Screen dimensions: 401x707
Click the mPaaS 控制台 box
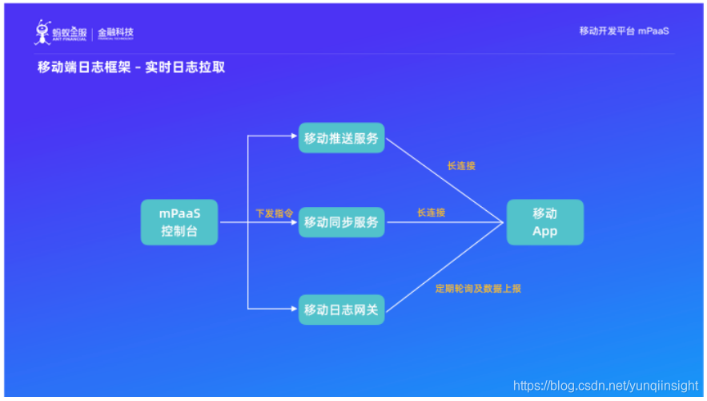[179, 222]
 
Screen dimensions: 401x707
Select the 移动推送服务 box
[341, 137]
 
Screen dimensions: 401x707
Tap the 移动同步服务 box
[341, 221]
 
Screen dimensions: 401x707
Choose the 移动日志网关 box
[341, 309]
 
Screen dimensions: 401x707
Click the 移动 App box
[544, 222]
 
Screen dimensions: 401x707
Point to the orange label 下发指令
[274, 213]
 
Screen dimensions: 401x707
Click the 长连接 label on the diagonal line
[461, 167]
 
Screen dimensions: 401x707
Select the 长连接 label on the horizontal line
[431, 213]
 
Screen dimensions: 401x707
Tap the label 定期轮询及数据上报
[478, 288]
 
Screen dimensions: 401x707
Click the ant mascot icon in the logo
[42, 32]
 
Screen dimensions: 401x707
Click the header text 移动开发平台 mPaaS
[624, 30]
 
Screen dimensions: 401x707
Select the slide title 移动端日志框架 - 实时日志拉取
[131, 67]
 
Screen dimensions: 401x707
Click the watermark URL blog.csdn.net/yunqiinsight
[608, 386]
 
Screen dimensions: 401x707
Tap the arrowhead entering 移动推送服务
[295, 137]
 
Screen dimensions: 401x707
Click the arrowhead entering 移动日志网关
[295, 309]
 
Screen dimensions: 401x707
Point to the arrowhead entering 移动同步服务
[295, 222]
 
